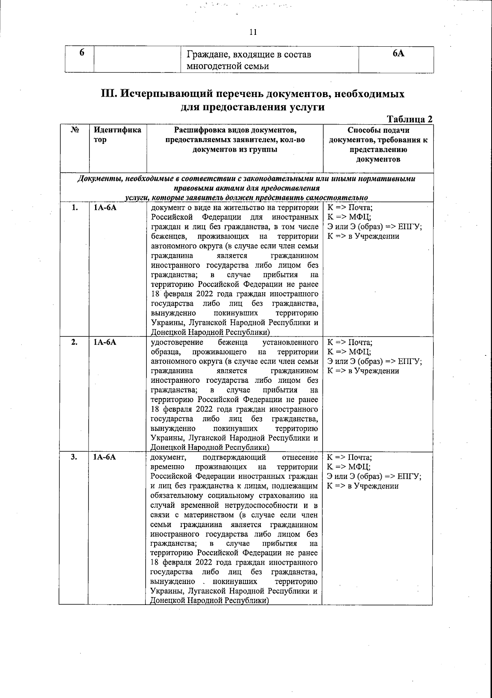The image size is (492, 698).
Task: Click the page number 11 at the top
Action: coord(253,32)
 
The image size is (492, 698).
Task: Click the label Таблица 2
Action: coord(410,119)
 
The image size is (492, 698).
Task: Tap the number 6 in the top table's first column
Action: coord(82,52)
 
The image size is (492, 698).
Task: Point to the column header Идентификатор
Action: coord(117,135)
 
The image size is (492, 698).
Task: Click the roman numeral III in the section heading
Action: coord(109,94)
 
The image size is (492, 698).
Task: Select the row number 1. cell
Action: coord(75,207)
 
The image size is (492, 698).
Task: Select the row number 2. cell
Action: coord(75,342)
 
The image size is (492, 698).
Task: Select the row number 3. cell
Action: coord(74,457)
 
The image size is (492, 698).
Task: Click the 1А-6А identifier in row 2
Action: coord(105,342)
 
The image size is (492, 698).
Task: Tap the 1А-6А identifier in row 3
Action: coord(105,457)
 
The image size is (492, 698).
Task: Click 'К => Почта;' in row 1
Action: coord(350,207)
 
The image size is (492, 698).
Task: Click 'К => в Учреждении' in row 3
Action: coord(362,486)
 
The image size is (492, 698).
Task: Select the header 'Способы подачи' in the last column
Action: coord(378,130)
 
